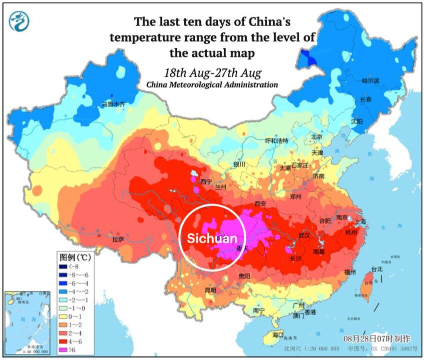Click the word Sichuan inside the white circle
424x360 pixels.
(212, 238)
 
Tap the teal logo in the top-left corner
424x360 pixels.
(19, 20)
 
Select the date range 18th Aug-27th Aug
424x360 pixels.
(212, 72)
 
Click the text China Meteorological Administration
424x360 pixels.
(212, 85)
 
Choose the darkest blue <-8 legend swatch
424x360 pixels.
(63, 266)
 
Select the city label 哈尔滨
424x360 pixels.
(371, 80)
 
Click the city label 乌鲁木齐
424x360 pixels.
(113, 104)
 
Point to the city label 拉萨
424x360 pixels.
(118, 239)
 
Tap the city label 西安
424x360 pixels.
(261, 204)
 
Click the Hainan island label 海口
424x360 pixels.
(278, 334)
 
